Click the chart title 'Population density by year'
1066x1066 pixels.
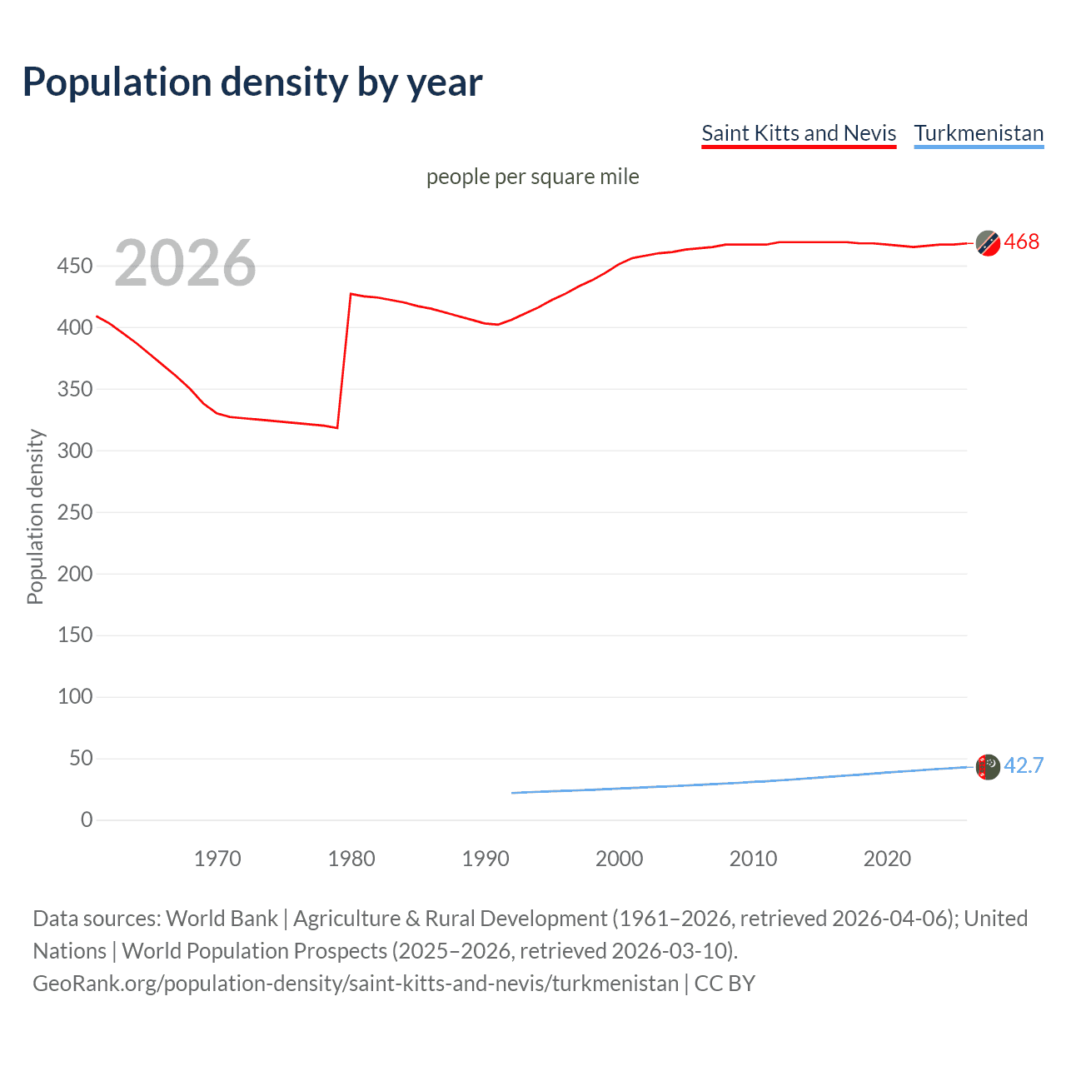pyautogui.click(x=252, y=82)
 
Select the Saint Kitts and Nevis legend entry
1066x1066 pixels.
pyautogui.click(x=798, y=133)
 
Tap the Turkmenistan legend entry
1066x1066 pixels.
pyautogui.click(x=979, y=133)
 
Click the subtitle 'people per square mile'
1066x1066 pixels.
pyautogui.click(x=532, y=177)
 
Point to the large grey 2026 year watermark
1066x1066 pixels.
pyautogui.click(x=185, y=263)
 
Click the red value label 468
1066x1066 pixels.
pyautogui.click(x=1021, y=242)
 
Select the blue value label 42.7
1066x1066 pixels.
pyautogui.click(x=1024, y=765)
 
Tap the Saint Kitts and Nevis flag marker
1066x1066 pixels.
pyautogui.click(x=988, y=243)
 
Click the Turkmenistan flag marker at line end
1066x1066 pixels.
pyautogui.click(x=988, y=766)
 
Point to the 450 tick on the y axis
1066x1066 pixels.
pyautogui.click(x=75, y=266)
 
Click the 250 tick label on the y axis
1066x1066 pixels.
pyautogui.click(x=75, y=512)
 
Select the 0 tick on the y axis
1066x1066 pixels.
pyautogui.click(x=87, y=819)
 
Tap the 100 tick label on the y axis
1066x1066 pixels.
pyautogui.click(x=75, y=696)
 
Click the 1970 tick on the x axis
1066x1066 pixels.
pyautogui.click(x=217, y=859)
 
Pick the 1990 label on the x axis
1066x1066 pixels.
pyautogui.click(x=486, y=859)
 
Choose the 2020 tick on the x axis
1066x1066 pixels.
pyautogui.click(x=887, y=859)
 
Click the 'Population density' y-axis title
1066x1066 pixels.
pyautogui.click(x=35, y=516)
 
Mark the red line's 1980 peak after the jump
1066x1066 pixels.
pyautogui.click(x=351, y=294)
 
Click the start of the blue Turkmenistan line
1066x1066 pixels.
pyautogui.click(x=512, y=793)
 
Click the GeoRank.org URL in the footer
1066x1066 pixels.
pyautogui.click(x=356, y=984)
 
